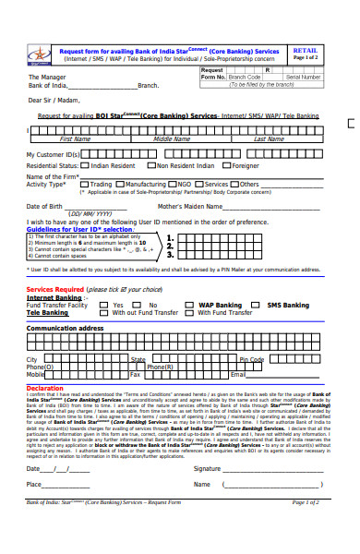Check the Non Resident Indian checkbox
click(152, 165)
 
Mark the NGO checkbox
click(174, 184)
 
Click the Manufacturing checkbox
click(126, 184)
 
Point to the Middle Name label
click(172, 139)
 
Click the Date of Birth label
click(44, 206)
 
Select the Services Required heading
click(61, 290)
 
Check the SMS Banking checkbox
click(261, 305)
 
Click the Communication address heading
click(65, 328)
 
